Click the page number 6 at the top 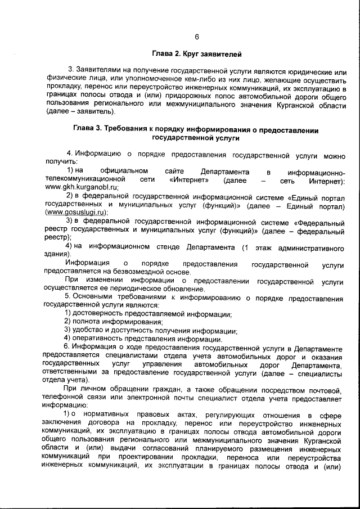(x=197, y=37)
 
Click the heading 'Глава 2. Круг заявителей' (x=196, y=55)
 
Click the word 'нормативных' (x=110, y=415)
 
